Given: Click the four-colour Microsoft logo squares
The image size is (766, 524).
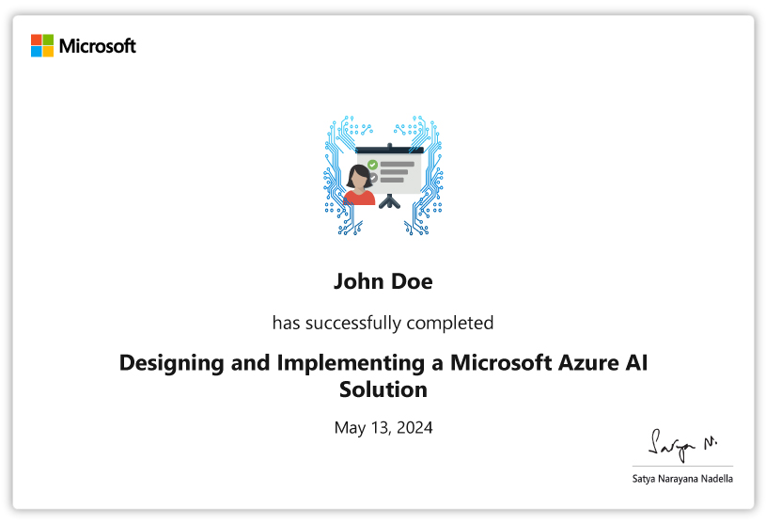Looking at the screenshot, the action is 42,45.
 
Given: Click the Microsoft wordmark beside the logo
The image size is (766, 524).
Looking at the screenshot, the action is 97,46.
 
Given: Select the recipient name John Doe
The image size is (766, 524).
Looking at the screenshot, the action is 383,281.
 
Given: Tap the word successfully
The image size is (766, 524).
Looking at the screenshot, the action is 352,323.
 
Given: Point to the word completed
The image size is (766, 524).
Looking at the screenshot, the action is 450,323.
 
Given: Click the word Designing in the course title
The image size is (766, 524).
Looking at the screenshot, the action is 171,364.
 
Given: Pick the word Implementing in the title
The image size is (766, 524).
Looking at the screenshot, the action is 351,364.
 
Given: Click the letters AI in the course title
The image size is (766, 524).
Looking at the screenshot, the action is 636,363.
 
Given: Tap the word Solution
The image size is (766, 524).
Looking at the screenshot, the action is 383,389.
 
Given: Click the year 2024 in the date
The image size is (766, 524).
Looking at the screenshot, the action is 414,428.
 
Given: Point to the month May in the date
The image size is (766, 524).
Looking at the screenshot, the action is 350,429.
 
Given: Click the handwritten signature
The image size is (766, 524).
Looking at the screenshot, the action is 682,445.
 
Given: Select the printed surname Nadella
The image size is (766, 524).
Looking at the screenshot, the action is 717,479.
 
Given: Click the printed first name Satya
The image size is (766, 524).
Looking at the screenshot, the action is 644,479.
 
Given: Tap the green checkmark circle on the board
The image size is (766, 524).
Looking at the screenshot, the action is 372,165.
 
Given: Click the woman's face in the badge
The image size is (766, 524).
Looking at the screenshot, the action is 359,180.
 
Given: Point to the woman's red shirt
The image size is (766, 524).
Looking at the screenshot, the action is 359,198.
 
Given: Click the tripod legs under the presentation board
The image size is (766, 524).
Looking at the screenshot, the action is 389,201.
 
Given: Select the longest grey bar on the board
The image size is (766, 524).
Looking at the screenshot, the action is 398,165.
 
